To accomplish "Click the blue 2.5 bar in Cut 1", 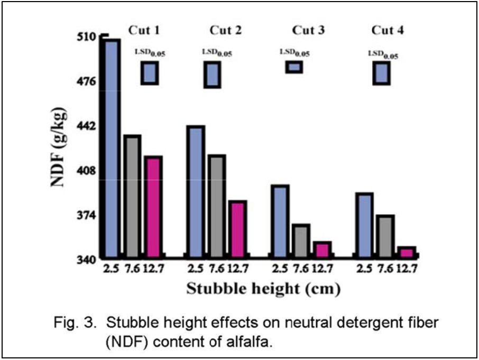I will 112,148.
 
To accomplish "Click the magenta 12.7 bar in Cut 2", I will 237,229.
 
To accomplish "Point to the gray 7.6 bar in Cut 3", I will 300,241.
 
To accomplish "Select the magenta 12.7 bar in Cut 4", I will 407,252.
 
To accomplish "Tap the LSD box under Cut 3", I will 294,67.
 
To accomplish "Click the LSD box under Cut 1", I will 149,72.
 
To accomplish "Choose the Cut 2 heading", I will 226,30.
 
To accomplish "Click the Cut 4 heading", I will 388,30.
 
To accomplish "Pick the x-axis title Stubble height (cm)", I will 262,289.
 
